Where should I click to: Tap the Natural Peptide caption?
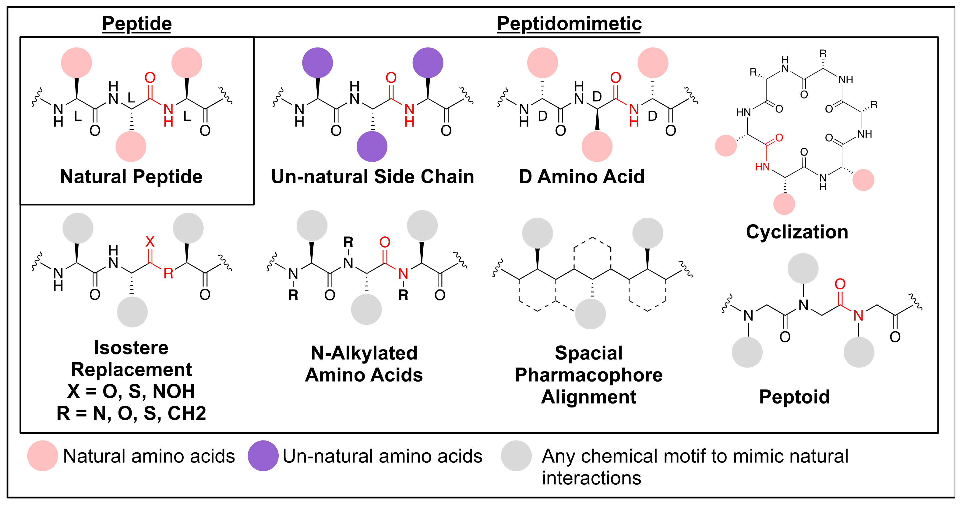[x=131, y=177]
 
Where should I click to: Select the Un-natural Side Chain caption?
[x=372, y=177]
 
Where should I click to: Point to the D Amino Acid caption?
[x=581, y=177]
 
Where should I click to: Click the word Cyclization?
[x=797, y=232]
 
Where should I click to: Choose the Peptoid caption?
[x=794, y=397]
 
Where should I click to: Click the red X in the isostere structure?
[x=150, y=241]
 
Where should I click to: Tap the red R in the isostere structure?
[x=168, y=274]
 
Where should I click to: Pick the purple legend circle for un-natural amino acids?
[x=263, y=455]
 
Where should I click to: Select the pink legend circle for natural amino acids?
[x=43, y=455]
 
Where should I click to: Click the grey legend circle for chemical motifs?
[x=516, y=455]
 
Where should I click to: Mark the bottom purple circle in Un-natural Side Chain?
[x=372, y=146]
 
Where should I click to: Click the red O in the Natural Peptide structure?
[x=150, y=78]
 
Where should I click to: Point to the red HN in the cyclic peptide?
[x=762, y=167]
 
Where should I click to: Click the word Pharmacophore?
[x=588, y=375]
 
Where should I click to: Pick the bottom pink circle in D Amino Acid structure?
[x=597, y=146]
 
